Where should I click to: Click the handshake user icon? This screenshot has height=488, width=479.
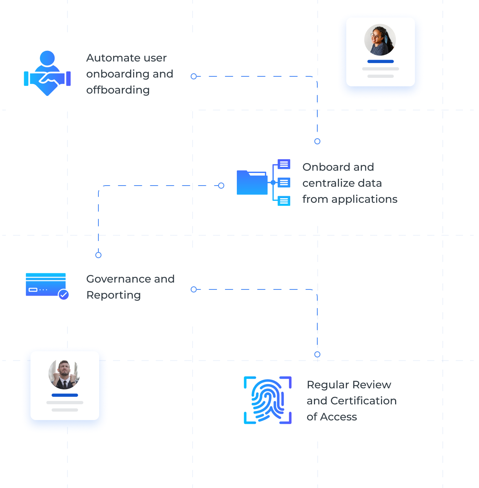pyautogui.click(x=47, y=73)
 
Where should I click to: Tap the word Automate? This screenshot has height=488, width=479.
pyautogui.click(x=113, y=58)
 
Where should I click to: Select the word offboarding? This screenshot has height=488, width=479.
pyautogui.click(x=118, y=90)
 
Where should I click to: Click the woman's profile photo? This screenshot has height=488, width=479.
pyautogui.click(x=380, y=40)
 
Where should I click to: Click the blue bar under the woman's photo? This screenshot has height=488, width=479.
pyautogui.click(x=380, y=61)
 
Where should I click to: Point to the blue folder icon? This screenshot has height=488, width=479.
pyautogui.click(x=252, y=183)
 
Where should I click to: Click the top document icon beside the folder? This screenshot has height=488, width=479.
pyautogui.click(x=284, y=164)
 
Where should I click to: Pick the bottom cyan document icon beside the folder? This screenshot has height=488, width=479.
pyautogui.click(x=284, y=201)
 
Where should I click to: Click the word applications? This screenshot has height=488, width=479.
pyautogui.click(x=364, y=199)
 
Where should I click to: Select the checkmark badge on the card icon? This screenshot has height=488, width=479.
pyautogui.click(x=64, y=294)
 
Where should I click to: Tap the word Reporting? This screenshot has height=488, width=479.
pyautogui.click(x=114, y=295)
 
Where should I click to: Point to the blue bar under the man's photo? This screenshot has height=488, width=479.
pyautogui.click(x=65, y=395)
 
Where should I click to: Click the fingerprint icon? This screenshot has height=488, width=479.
pyautogui.click(x=267, y=400)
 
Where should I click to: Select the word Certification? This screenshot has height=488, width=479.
pyautogui.click(x=363, y=401)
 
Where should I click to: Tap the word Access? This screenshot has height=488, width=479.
pyautogui.click(x=338, y=417)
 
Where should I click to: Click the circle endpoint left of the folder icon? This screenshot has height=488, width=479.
pyautogui.click(x=221, y=186)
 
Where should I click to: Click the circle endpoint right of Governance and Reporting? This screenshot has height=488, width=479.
pyautogui.click(x=194, y=289)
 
